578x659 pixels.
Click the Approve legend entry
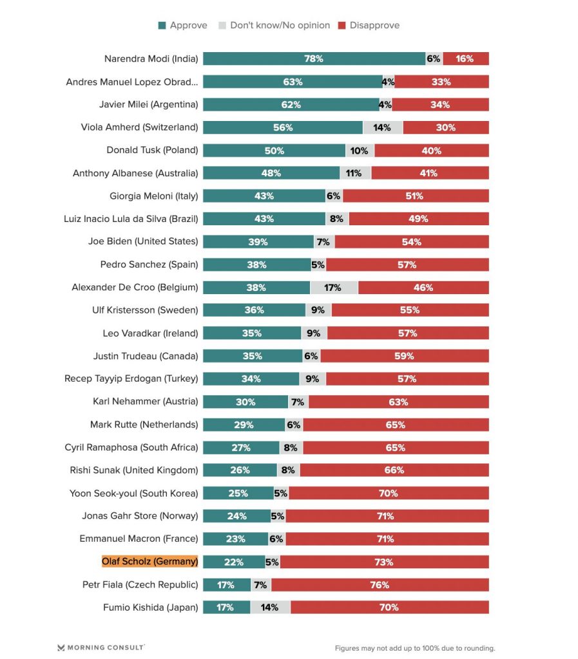click(183, 26)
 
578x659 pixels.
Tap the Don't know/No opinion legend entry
click(275, 26)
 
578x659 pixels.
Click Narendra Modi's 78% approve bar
click(314, 59)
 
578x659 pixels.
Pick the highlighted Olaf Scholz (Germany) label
click(149, 561)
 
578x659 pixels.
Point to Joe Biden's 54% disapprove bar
click(411, 241)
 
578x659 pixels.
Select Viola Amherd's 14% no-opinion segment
click(382, 127)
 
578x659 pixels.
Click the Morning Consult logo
click(101, 647)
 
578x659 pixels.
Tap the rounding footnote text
click(414, 648)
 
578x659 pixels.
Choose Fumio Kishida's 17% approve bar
click(226, 607)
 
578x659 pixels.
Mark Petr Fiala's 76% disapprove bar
click(380, 584)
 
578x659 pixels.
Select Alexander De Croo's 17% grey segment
click(334, 287)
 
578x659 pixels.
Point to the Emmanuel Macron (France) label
click(139, 539)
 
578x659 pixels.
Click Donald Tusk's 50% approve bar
click(274, 150)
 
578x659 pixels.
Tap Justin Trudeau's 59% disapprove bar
click(404, 356)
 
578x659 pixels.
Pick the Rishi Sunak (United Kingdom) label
click(134, 470)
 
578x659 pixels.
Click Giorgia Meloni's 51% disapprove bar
click(415, 196)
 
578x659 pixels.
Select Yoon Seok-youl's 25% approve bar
click(238, 493)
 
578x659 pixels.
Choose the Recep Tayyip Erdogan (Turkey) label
click(131, 378)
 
